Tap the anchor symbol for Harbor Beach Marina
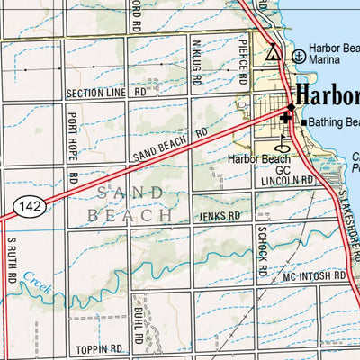tap(298, 55)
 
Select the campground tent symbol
tap(273, 52)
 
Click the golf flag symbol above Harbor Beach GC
tap(282, 141)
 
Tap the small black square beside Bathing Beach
tap(303, 122)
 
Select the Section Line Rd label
tap(106, 93)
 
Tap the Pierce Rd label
tap(244, 54)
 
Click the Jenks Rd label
tap(221, 217)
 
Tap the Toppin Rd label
tap(99, 347)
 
